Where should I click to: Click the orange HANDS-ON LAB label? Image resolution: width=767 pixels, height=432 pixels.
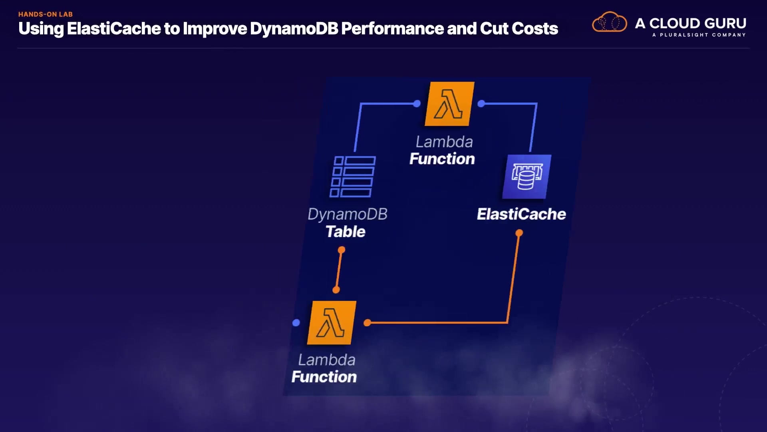pyautogui.click(x=46, y=14)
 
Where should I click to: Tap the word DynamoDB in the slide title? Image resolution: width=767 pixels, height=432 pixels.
pyautogui.click(x=294, y=28)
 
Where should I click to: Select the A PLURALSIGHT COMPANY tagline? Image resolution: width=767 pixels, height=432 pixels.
pyautogui.click(x=699, y=35)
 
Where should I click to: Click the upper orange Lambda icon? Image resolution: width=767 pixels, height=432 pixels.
pyautogui.click(x=449, y=104)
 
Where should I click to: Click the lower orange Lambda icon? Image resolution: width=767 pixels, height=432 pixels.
pyautogui.click(x=332, y=323)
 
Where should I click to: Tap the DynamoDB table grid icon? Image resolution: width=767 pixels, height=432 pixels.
pyautogui.click(x=353, y=176)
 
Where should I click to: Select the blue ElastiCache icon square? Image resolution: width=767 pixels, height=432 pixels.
pyautogui.click(x=527, y=176)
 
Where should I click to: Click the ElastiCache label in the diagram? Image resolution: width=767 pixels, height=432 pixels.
pyautogui.click(x=521, y=214)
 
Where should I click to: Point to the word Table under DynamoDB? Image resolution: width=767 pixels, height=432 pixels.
pyautogui.click(x=346, y=232)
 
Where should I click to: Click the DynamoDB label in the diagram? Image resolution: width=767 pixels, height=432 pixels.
pyautogui.click(x=348, y=214)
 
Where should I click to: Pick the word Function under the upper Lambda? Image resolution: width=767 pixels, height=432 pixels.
pyautogui.click(x=442, y=159)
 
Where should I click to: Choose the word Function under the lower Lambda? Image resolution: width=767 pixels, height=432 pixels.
pyautogui.click(x=324, y=377)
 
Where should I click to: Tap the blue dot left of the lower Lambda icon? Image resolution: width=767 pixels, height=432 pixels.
pyautogui.click(x=296, y=323)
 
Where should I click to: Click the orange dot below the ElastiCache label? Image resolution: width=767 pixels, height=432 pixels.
pyautogui.click(x=519, y=233)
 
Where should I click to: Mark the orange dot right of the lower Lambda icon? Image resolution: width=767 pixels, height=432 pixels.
pyautogui.click(x=368, y=323)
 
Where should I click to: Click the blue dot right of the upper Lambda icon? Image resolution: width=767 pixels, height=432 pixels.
pyautogui.click(x=481, y=104)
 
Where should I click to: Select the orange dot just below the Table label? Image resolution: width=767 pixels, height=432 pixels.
pyautogui.click(x=342, y=250)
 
